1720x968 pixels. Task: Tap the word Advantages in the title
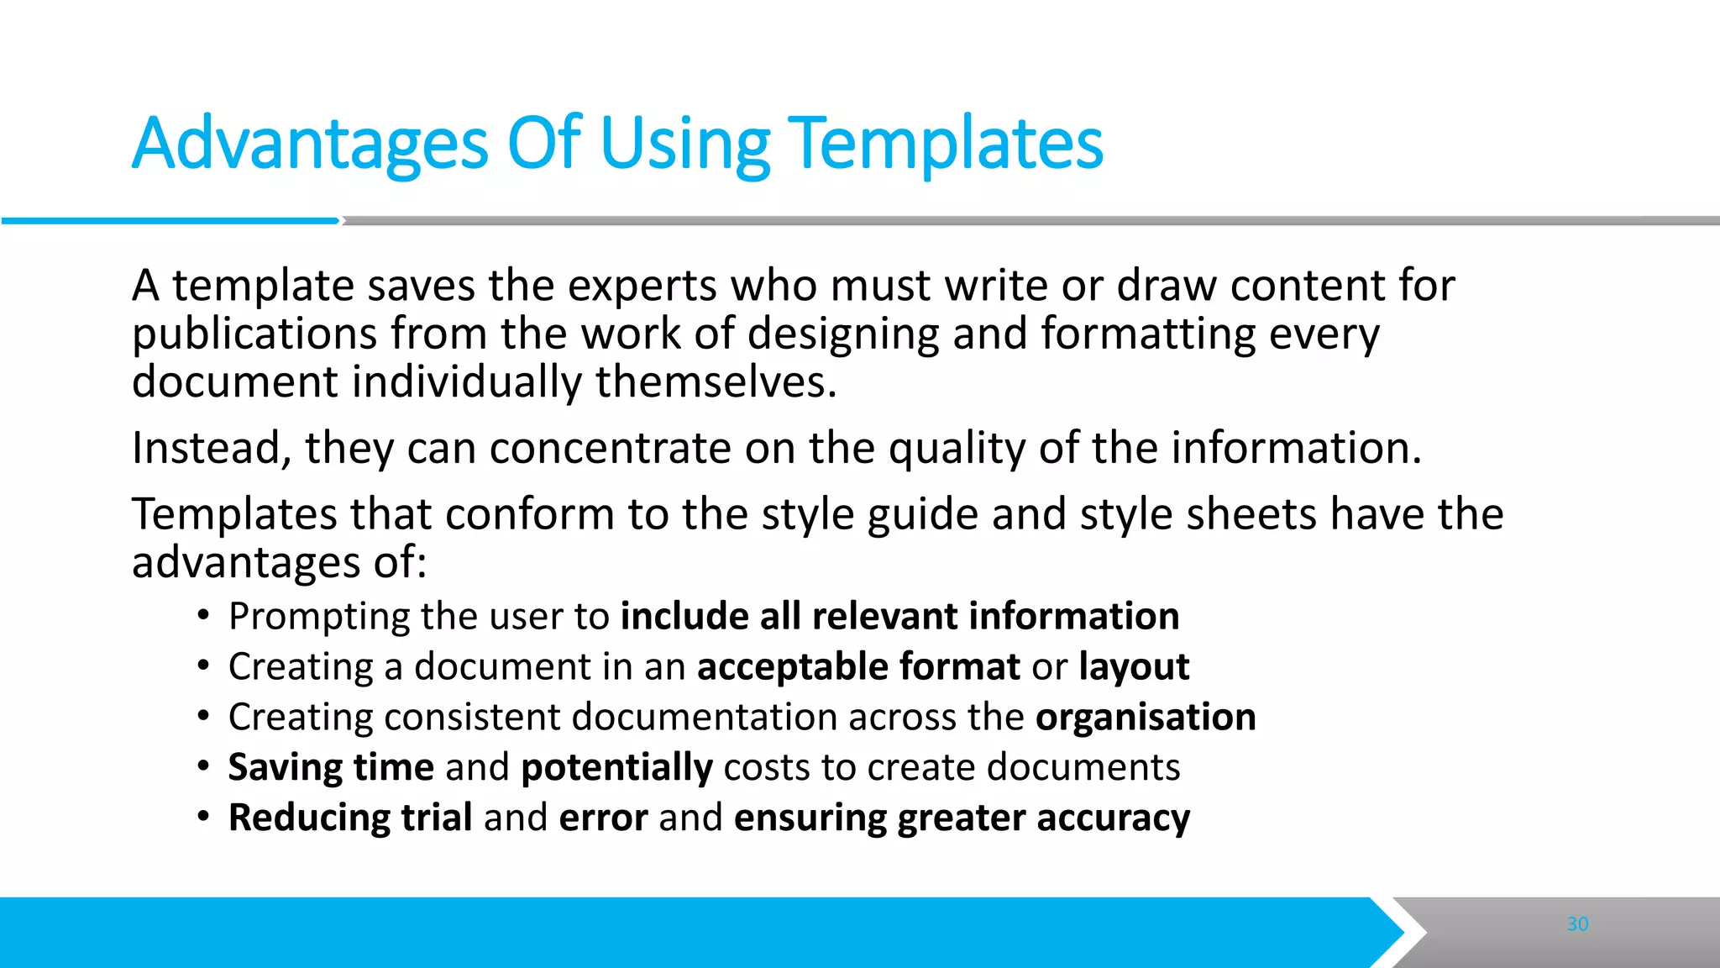click(310, 145)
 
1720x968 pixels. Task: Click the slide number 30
click(1577, 924)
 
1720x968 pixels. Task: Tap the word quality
click(957, 448)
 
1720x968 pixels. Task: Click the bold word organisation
click(1146, 717)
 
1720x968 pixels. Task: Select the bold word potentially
click(616, 768)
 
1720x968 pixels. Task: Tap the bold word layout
click(1134, 667)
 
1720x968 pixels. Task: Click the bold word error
click(603, 818)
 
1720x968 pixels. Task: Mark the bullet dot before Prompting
click(203, 617)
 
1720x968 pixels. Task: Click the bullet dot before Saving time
click(203, 767)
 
